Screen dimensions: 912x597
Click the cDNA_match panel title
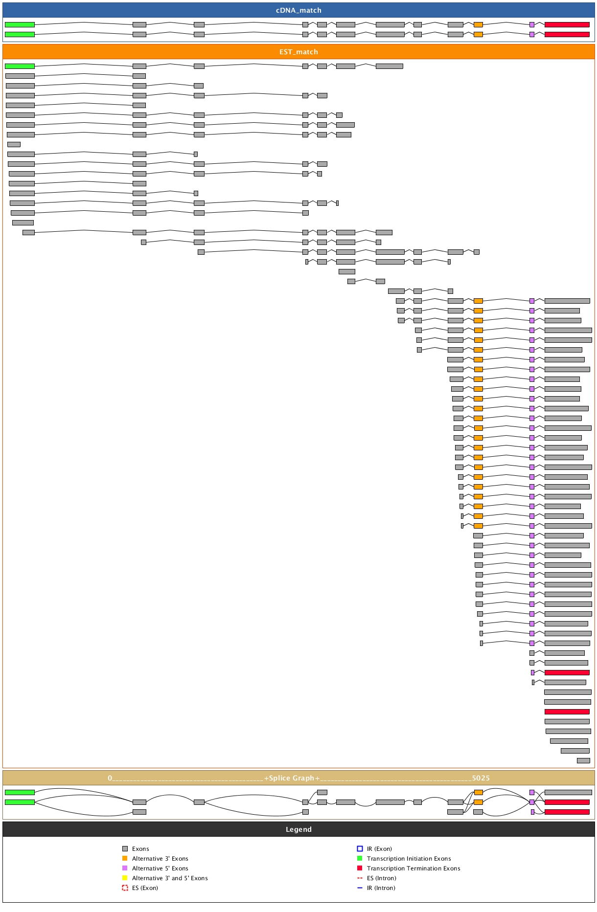tap(298, 10)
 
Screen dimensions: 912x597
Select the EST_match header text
tap(298, 52)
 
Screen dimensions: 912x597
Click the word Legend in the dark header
tap(298, 829)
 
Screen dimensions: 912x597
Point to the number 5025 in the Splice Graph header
tap(481, 778)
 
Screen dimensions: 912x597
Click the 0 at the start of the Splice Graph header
tap(110, 778)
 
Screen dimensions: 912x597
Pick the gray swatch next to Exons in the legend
tap(125, 849)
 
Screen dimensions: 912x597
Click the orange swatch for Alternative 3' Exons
tap(125, 858)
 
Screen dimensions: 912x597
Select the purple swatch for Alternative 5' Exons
tap(125, 868)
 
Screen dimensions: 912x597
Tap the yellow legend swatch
tap(125, 878)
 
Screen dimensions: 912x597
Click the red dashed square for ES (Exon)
tap(125, 888)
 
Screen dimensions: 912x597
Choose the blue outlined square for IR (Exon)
tap(360, 849)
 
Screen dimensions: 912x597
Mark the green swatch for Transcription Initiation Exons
tap(360, 858)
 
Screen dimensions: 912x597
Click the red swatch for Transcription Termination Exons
tap(360, 868)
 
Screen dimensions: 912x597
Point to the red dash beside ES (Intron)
tap(360, 878)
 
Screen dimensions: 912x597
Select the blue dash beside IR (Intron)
tap(360, 888)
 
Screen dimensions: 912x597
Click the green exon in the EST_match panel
tap(20, 66)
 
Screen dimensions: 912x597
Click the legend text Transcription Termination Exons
tap(413, 868)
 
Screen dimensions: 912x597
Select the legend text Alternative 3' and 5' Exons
tap(170, 878)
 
